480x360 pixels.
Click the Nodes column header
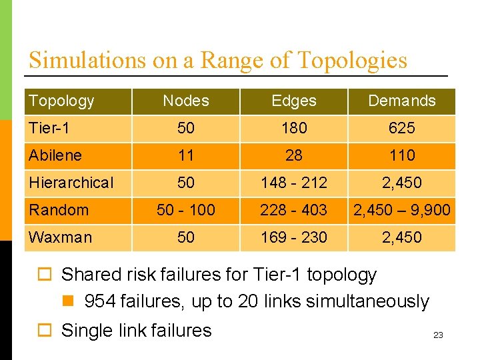click(186, 101)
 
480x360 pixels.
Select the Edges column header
click(294, 101)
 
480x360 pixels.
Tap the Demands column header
click(401, 101)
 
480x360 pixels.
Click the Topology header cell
click(61, 101)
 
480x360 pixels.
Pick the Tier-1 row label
click(49, 128)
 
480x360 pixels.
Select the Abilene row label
click(55, 155)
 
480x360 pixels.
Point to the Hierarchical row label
click(71, 183)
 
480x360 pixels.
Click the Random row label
click(59, 210)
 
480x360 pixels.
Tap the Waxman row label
click(61, 237)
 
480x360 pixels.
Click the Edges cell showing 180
click(294, 128)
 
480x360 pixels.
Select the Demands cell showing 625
click(401, 128)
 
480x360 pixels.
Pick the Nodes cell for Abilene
click(186, 155)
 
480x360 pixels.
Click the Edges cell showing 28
click(294, 155)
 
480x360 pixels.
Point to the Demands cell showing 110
click(401, 155)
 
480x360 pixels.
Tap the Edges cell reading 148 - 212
click(294, 183)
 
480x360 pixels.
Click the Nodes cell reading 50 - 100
click(186, 210)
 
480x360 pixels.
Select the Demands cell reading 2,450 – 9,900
click(401, 210)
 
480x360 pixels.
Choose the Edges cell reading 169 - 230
click(294, 237)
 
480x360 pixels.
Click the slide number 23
click(438, 335)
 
